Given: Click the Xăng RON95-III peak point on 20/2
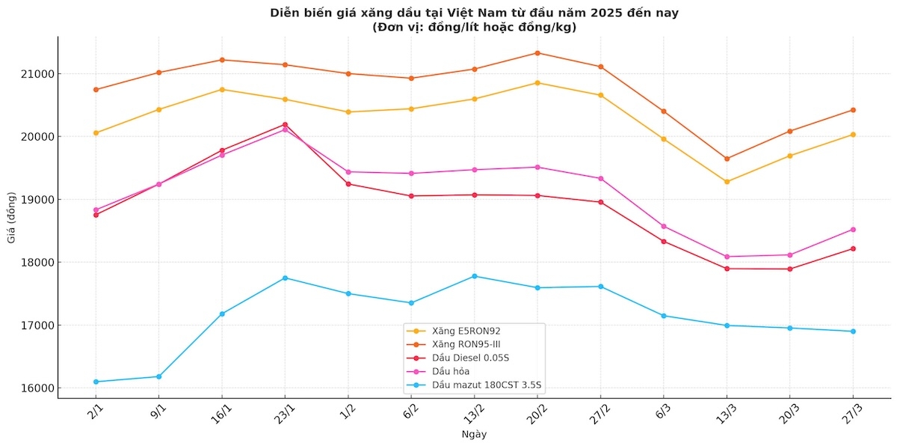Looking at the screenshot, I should pyautogui.click(x=537, y=53).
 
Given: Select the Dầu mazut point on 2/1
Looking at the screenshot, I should pyautogui.click(x=96, y=382).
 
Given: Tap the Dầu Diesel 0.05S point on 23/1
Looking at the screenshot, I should pyautogui.click(x=285, y=125).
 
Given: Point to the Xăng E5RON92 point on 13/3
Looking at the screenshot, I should pyautogui.click(x=727, y=181).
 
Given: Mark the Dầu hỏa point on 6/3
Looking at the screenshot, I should pyautogui.click(x=664, y=226).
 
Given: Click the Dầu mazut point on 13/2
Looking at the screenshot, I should pyautogui.click(x=475, y=276).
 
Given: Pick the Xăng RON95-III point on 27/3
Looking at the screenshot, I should pyautogui.click(x=853, y=110).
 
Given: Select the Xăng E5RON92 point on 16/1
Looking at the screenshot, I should pyautogui.click(x=222, y=90).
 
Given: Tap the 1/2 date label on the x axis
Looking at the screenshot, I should pyautogui.click(x=347, y=415).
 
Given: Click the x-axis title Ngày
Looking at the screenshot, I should pyautogui.click(x=474, y=434).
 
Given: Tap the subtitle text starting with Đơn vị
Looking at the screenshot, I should pyautogui.click(x=474, y=27).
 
